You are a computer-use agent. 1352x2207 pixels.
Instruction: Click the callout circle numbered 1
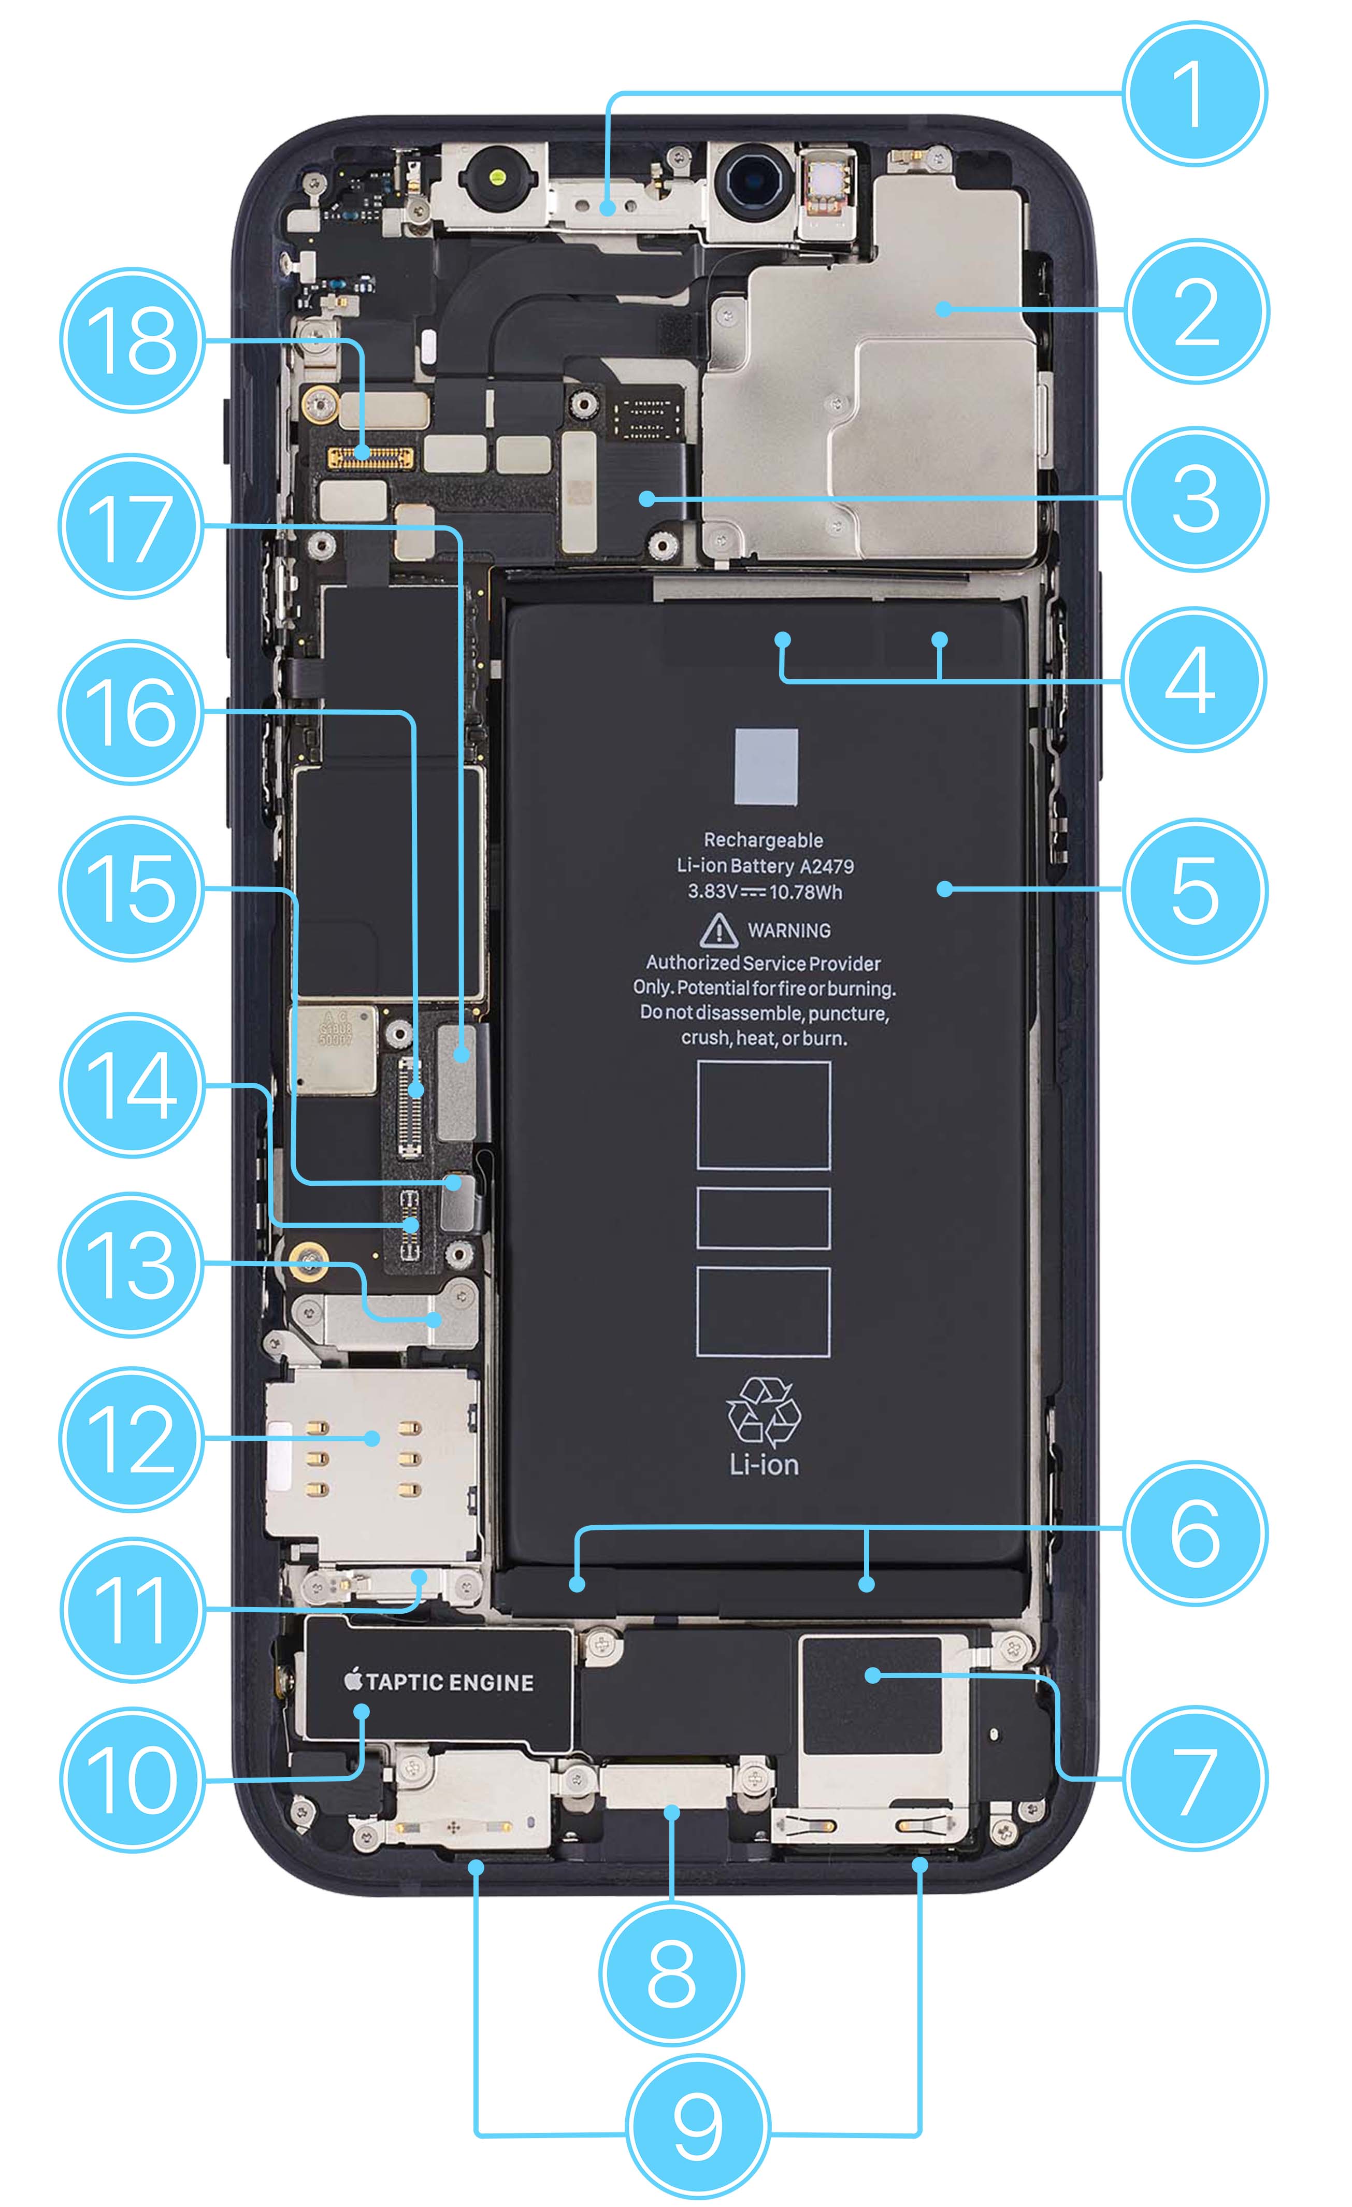1195,93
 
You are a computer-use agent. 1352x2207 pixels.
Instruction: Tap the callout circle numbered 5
1195,890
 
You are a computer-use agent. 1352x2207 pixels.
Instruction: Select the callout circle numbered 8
671,1974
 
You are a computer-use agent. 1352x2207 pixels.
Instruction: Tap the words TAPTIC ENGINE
450,1682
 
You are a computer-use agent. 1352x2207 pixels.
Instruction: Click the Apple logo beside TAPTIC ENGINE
354,1680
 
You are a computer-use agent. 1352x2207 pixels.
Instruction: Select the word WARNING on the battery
789,930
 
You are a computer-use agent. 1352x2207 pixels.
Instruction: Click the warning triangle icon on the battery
718,930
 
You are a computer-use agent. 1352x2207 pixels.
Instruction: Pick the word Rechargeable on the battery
763,840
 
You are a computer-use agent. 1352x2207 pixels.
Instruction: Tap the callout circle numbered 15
132,890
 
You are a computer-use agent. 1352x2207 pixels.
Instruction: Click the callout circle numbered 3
1195,499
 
